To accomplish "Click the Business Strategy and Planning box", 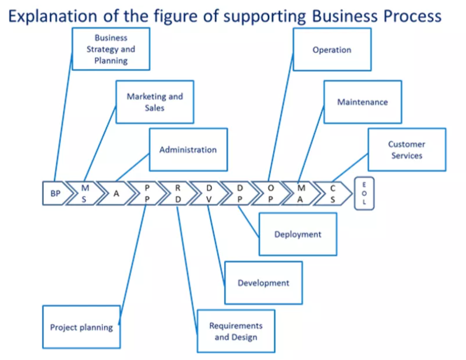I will (x=111, y=49).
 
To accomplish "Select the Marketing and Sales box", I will (x=154, y=102).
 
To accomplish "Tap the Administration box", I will (x=188, y=149).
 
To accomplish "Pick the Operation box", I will (x=331, y=50).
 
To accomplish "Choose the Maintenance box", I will (x=362, y=102).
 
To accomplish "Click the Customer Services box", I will (x=407, y=150).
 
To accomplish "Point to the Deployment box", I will (x=297, y=234).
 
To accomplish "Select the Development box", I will (x=263, y=283).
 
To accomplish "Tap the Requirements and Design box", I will (x=236, y=331).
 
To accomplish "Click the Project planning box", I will (x=81, y=327).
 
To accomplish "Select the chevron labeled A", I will (x=116, y=194).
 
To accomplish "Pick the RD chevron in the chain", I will (x=178, y=194).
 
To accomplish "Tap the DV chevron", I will (x=209, y=194).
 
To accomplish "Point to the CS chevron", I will (x=333, y=194).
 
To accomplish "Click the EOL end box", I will (x=364, y=194).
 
